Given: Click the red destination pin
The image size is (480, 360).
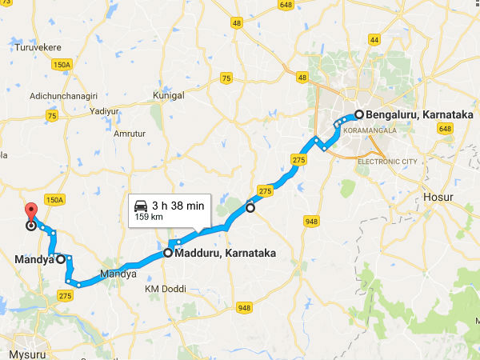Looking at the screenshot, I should coord(31,213).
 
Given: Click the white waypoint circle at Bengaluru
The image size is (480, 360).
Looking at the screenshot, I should coord(359,114).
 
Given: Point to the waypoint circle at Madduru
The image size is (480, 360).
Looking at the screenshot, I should coord(168,253).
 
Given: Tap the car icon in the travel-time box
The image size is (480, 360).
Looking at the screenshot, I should coord(141,205).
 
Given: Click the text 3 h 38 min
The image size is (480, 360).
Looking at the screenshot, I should coord(178,206).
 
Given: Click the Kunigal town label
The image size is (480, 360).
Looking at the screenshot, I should coord(169,94).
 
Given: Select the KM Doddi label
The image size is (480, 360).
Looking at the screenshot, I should coord(162,288).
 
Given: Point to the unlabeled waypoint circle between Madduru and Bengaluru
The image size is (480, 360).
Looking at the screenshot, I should coord(250,208).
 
